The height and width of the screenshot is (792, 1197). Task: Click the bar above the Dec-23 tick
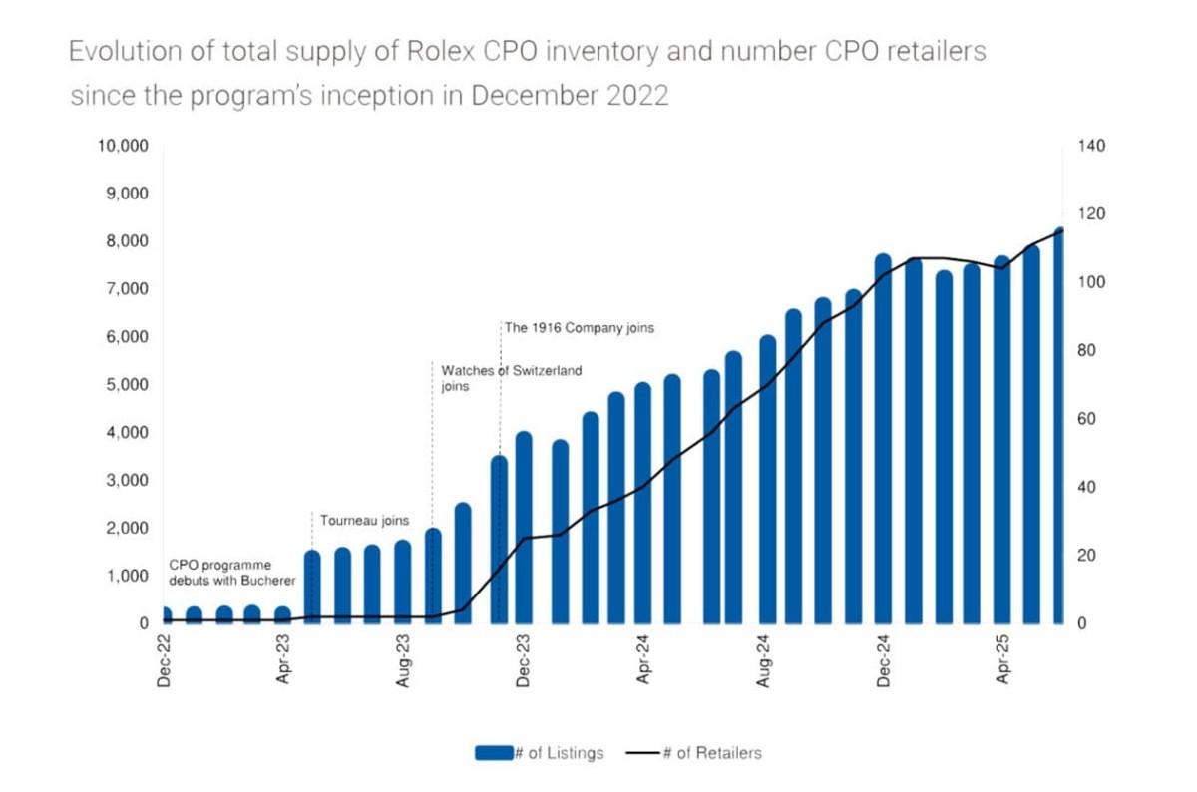click(x=524, y=529)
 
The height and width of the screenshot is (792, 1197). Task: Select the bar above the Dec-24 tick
click(x=883, y=439)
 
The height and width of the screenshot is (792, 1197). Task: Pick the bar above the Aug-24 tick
click(x=767, y=479)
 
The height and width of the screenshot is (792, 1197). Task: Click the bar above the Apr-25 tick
click(x=1001, y=439)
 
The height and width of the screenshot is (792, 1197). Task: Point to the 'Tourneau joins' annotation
click(x=364, y=521)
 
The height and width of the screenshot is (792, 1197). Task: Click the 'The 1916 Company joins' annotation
click(x=579, y=327)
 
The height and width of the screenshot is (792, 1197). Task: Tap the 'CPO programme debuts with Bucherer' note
click(x=230, y=574)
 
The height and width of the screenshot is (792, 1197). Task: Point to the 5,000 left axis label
click(x=127, y=385)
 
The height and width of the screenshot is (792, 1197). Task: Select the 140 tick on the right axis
click(x=1091, y=146)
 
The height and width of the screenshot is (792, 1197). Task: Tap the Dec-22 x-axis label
click(x=164, y=660)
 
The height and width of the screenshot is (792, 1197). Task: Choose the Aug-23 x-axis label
click(x=403, y=660)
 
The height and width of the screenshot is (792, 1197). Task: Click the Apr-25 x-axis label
click(x=1001, y=660)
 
